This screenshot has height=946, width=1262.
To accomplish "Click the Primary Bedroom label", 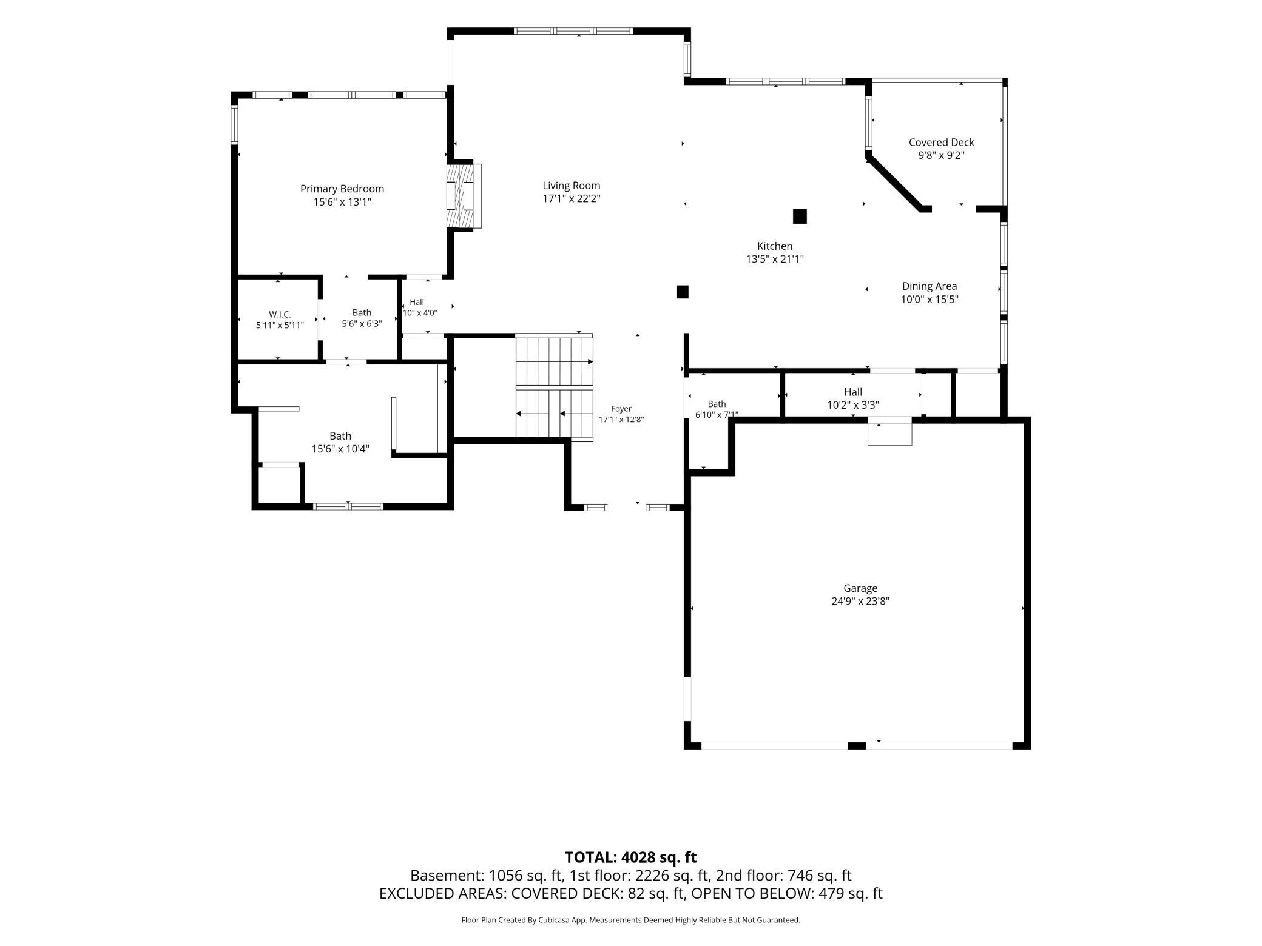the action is point(342,189).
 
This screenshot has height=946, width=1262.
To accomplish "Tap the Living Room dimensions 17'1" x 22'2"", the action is point(572,199).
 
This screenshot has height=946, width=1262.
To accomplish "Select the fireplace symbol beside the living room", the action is point(464,196).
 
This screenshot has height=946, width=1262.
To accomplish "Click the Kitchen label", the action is point(775,246).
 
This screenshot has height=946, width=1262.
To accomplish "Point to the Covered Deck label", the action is point(941,143).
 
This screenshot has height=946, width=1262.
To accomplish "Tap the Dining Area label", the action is point(930,286).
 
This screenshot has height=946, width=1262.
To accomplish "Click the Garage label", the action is point(860,588).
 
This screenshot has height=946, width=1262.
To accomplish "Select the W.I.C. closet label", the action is point(280,314).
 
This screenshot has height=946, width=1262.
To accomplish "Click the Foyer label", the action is point(621,409).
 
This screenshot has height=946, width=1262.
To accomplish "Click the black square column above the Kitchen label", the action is point(800,216).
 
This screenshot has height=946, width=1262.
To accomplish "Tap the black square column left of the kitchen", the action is point(683,292).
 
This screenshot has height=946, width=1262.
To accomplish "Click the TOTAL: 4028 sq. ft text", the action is point(630,857).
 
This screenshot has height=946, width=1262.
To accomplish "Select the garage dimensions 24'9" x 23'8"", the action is point(860,602).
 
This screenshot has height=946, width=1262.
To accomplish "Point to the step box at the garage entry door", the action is point(889,434).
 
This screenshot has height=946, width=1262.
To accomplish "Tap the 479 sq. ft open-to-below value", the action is point(851,893).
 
